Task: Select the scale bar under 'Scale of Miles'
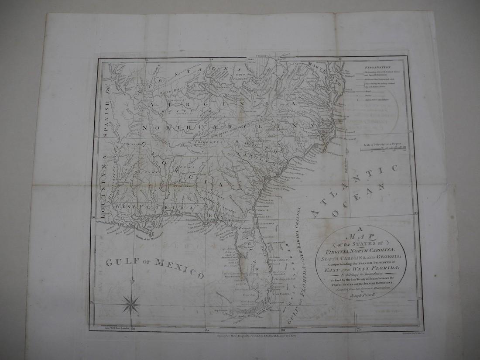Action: [x=384, y=149]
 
